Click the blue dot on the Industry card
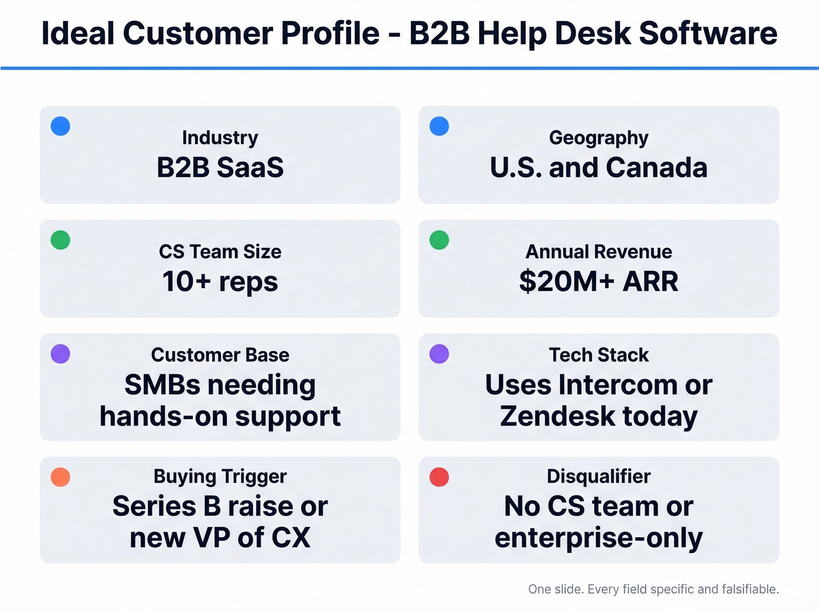point(60,126)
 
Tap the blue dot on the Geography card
point(439,126)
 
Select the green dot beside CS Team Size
point(60,240)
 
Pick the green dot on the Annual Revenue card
point(439,240)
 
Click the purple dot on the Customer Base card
point(60,354)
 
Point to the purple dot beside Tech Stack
point(439,354)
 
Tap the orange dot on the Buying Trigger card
point(60,477)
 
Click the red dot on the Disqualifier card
point(439,477)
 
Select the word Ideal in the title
point(78,33)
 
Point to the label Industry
point(220,138)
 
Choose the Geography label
point(598,138)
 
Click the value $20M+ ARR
point(598,281)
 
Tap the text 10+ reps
point(220,281)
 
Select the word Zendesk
point(558,416)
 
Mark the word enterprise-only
point(598,538)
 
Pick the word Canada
point(656,168)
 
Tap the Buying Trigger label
point(220,477)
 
